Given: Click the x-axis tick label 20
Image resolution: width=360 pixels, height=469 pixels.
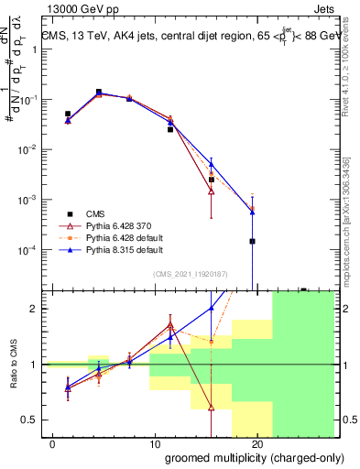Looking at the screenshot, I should click(256, 445).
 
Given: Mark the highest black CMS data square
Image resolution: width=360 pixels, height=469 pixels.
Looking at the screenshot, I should click(99, 92).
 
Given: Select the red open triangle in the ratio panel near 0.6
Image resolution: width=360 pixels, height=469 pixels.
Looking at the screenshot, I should click(212, 408).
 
